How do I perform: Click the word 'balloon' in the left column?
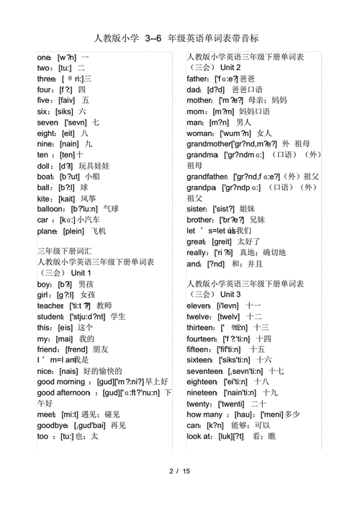click(52, 209)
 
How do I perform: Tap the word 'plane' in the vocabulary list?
click(48, 231)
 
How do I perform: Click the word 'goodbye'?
click(52, 425)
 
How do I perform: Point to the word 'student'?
click(50, 316)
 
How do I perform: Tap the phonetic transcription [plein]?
click(75, 231)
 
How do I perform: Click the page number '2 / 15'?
click(179, 471)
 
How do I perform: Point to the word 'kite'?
click(45, 198)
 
